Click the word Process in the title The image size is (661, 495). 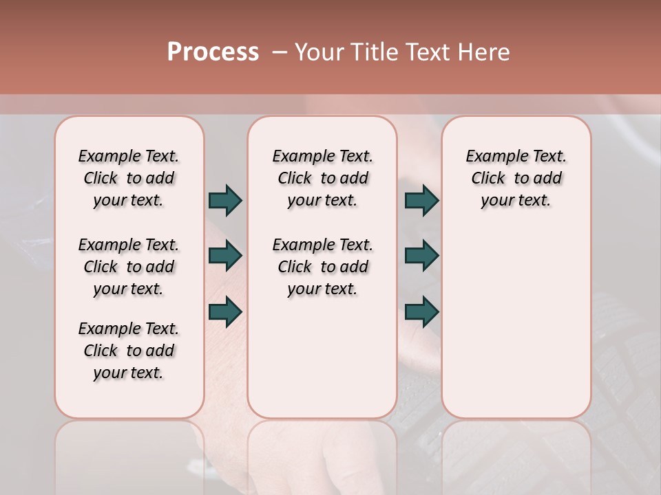[213, 52]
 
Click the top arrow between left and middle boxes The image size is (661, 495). [225, 200]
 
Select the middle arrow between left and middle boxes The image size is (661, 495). [225, 256]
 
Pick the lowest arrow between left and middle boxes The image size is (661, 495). [225, 311]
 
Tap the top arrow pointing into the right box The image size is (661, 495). [421, 200]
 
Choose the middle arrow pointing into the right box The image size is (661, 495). [421, 256]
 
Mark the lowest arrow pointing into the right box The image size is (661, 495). [421, 311]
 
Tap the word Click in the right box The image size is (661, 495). [488, 179]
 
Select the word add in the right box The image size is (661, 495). [548, 179]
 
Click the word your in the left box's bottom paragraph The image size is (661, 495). [108, 373]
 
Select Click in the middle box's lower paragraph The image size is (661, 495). [295, 267]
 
